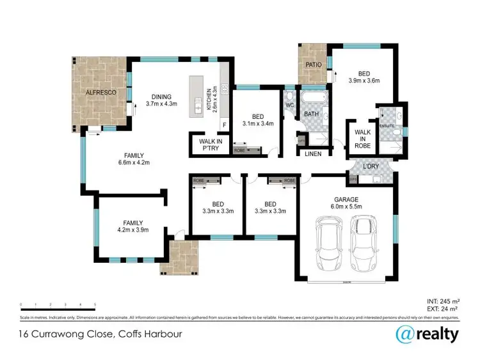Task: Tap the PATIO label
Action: [312, 65]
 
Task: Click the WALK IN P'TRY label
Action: [211, 145]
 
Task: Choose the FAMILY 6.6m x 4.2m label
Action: [134, 159]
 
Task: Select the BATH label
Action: [312, 114]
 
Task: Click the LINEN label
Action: [313, 153]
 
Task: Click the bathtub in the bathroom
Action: [314, 100]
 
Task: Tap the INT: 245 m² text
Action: [443, 301]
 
